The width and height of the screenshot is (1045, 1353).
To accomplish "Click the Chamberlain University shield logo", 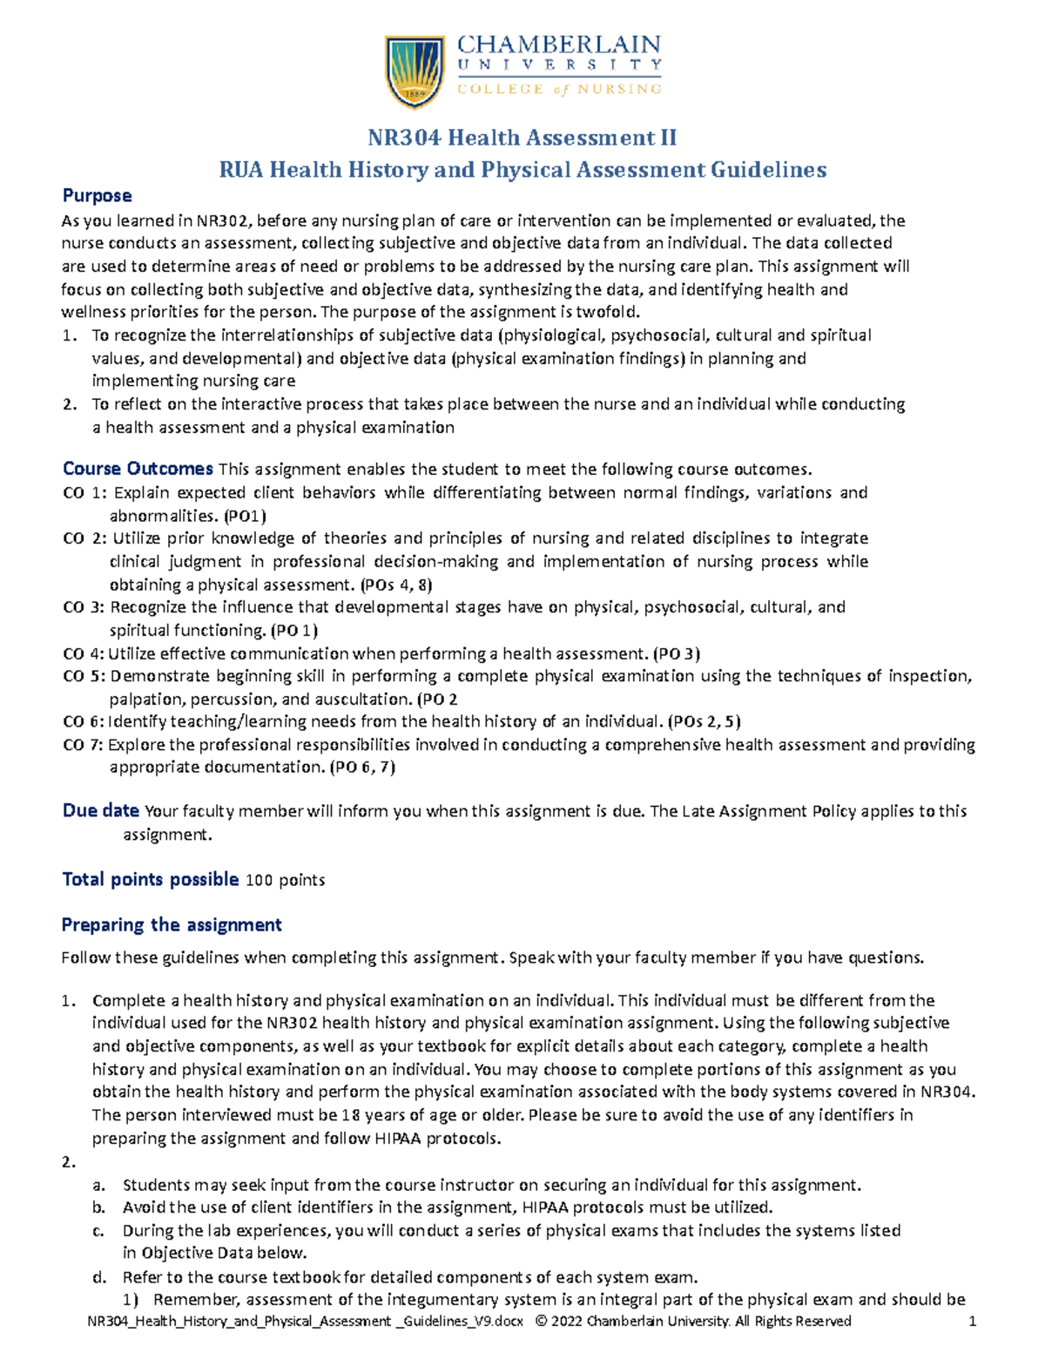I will click(x=415, y=71).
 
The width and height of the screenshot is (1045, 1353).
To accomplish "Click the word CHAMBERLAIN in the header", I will click(x=559, y=45).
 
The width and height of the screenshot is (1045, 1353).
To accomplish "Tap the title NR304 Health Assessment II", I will click(x=522, y=138).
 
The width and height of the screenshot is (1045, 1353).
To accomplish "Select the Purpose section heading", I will click(x=97, y=196).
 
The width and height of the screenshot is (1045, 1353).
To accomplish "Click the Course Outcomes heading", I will click(x=138, y=469).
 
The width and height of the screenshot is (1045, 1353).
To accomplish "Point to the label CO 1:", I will click(x=85, y=493).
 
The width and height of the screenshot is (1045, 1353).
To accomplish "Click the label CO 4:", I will click(x=84, y=653).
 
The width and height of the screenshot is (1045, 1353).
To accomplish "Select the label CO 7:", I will click(x=84, y=745).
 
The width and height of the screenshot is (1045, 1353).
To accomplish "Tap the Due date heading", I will click(x=100, y=811).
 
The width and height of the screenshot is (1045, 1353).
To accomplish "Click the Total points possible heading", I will click(x=150, y=880).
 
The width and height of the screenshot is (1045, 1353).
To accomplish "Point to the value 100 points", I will click(x=286, y=881).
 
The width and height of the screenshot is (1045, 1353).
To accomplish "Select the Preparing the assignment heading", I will click(x=172, y=925).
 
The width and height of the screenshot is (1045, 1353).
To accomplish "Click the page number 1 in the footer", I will click(x=973, y=1322).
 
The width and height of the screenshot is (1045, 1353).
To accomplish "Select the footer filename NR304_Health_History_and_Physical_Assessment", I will click(x=239, y=1322).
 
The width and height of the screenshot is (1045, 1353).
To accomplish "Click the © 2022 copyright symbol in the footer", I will click(x=542, y=1322).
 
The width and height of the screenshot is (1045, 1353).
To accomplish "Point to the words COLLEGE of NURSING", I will click(x=559, y=89).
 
